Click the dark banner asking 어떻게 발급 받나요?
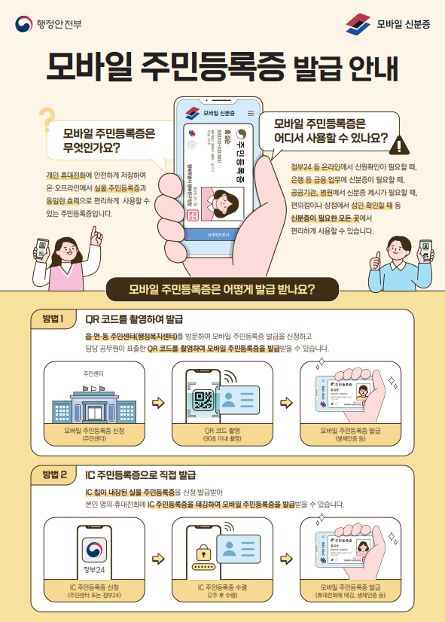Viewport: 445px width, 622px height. click(221, 289)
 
